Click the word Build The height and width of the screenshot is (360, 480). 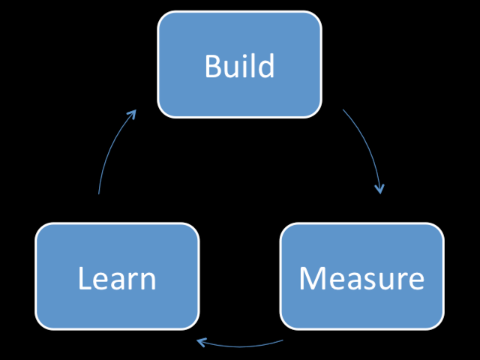click(x=239, y=66)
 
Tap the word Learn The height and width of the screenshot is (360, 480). click(x=117, y=278)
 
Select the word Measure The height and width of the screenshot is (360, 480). click(x=361, y=278)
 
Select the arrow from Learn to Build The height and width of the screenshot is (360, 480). click(x=112, y=149)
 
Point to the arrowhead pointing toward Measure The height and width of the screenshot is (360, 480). click(x=380, y=188)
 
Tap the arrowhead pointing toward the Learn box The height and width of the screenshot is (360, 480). click(x=202, y=343)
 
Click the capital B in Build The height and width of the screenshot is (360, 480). click(x=213, y=67)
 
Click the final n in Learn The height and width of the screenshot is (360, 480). click(x=148, y=281)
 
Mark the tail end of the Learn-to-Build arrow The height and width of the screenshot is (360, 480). click(x=99, y=193)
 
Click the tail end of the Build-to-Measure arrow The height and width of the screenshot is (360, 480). click(x=343, y=110)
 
